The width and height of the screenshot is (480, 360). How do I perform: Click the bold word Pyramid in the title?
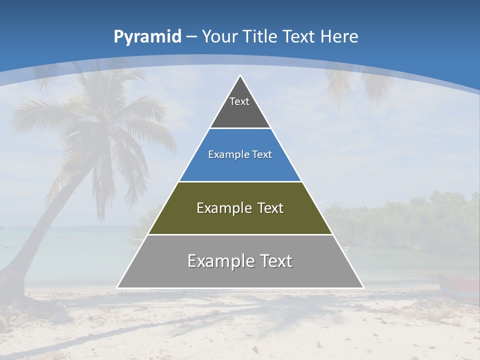click(x=147, y=36)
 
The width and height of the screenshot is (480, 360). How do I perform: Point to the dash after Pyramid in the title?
click(x=191, y=37)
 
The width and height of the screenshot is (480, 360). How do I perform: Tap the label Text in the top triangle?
click(x=239, y=101)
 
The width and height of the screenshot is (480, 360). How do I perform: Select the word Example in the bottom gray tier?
click(x=220, y=261)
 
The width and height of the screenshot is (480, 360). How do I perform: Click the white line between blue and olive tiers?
click(x=240, y=181)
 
